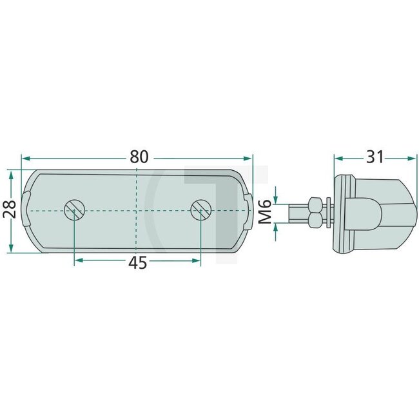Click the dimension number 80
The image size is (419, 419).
(x=139, y=157)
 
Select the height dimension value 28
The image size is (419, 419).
(x=10, y=212)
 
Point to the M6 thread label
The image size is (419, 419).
(x=264, y=211)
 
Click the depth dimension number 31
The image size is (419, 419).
(x=375, y=157)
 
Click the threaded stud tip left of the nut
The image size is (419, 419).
(x=298, y=211)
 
